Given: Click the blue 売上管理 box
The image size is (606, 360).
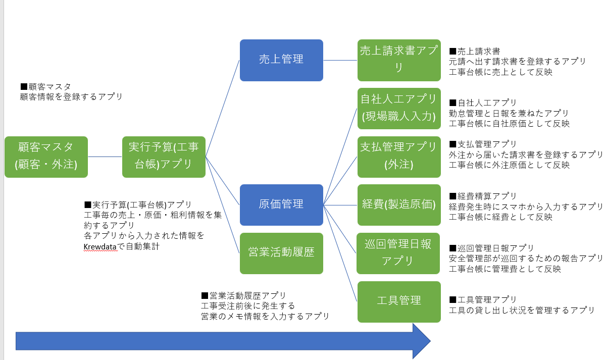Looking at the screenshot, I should (281, 60).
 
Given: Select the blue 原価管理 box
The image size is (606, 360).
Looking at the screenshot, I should (281, 204).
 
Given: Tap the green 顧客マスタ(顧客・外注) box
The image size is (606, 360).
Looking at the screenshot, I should (46, 157).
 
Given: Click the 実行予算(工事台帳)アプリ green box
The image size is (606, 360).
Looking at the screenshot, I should (164, 157).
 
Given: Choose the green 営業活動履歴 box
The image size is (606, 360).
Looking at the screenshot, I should (281, 253).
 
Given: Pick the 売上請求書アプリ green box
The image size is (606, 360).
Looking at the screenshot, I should (399, 60).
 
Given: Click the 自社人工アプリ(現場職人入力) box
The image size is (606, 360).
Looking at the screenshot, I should (399, 108).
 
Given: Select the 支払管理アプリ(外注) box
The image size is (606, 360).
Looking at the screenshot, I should (399, 157).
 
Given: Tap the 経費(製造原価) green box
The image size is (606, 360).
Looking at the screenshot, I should (399, 204).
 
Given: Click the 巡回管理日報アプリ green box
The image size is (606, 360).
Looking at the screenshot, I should (399, 253).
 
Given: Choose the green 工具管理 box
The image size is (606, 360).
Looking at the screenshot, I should (399, 301).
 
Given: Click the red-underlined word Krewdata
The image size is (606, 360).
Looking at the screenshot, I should (100, 247).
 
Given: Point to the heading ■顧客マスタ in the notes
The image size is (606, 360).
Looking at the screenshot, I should (45, 86).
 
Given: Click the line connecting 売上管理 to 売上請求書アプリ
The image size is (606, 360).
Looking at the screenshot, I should (340, 60).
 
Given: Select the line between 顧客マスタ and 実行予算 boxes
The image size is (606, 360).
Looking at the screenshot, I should (105, 157).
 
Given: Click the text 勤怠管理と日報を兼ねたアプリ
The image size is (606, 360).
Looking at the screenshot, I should (509, 113).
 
